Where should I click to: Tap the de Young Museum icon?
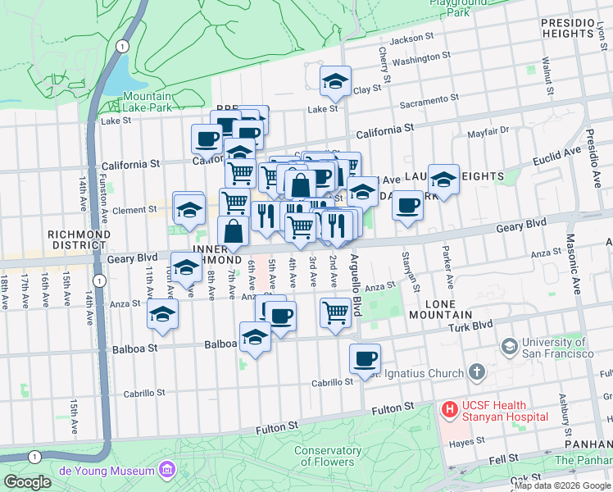[167, 470]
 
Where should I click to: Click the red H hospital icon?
[449, 408]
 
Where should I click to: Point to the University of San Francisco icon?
[510, 347]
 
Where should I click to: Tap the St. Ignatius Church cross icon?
[477, 374]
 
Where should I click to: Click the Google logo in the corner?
[28, 482]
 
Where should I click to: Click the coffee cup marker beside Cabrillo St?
[365, 358]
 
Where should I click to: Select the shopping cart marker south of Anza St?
[335, 312]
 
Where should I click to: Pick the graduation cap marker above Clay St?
[334, 80]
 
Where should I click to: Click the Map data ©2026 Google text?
[562, 485]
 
